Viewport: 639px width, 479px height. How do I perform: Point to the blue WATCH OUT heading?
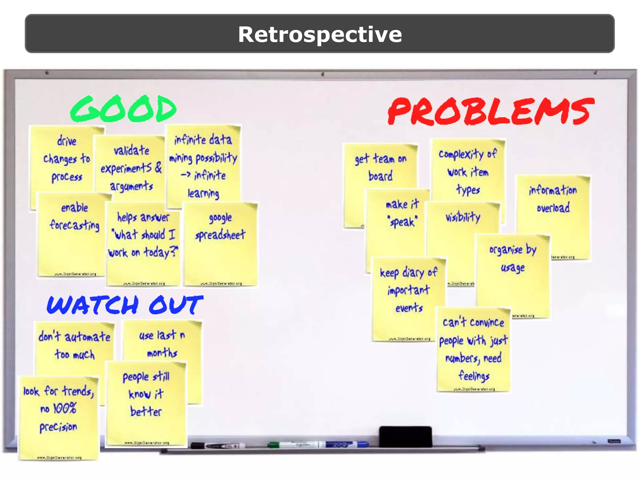(x=125, y=305)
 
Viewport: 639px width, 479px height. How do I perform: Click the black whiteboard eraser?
(x=405, y=436)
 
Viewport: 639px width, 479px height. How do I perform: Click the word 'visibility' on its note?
(x=463, y=217)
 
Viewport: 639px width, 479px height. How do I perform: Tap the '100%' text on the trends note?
(x=65, y=408)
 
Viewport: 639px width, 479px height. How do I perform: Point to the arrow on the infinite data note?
(x=186, y=175)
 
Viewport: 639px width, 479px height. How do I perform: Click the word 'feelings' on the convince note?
(x=474, y=376)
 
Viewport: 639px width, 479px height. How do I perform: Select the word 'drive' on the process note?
(x=67, y=141)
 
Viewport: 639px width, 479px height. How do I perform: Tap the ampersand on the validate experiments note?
(x=159, y=168)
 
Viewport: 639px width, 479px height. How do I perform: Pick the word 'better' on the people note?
(x=146, y=412)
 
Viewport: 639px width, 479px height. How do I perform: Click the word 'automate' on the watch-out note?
(x=87, y=337)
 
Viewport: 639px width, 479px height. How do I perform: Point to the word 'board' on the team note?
(x=380, y=176)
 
